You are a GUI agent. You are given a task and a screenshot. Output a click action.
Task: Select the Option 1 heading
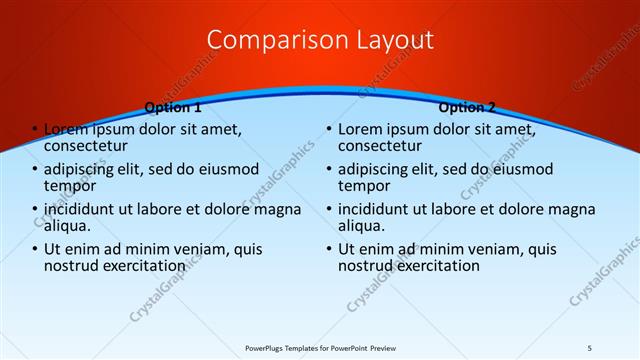coord(173,107)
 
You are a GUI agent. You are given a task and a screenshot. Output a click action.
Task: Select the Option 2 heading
coord(466,107)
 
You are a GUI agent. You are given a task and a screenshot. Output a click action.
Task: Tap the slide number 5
coord(590,347)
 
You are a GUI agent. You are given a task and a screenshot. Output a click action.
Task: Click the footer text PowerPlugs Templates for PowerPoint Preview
coord(319,347)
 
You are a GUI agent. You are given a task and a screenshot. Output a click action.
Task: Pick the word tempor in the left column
coord(70,186)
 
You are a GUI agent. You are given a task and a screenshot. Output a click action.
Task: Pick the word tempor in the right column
coord(364,186)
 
